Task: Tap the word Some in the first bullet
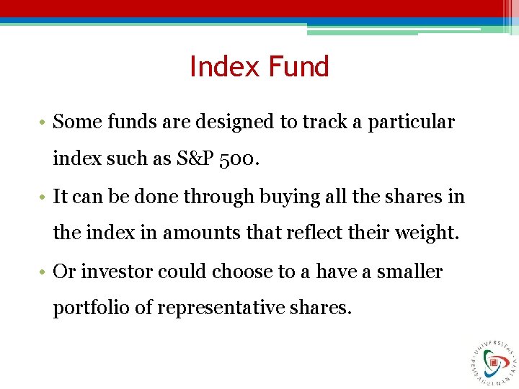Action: tap(76, 122)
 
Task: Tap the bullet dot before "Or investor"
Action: tap(45, 272)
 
